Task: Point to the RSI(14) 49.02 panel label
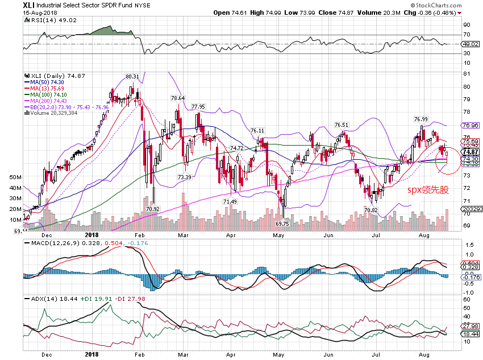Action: [46, 19]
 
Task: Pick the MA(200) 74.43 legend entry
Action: [48, 101]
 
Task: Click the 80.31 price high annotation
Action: [132, 76]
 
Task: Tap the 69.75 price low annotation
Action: [282, 224]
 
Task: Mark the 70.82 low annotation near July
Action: [370, 210]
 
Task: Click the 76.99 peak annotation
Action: [420, 119]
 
